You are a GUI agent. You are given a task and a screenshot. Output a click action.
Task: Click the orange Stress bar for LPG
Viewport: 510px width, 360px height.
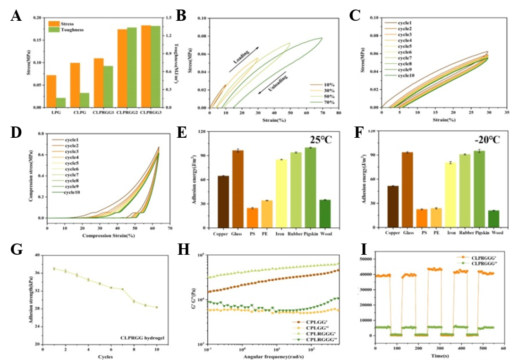[51, 91]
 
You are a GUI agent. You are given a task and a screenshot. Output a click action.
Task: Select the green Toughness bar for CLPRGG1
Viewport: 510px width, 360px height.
[108, 86]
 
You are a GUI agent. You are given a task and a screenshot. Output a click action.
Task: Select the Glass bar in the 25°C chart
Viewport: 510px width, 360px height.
[238, 189]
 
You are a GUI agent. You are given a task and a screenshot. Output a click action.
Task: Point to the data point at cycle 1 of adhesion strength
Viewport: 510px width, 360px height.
[54, 268]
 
